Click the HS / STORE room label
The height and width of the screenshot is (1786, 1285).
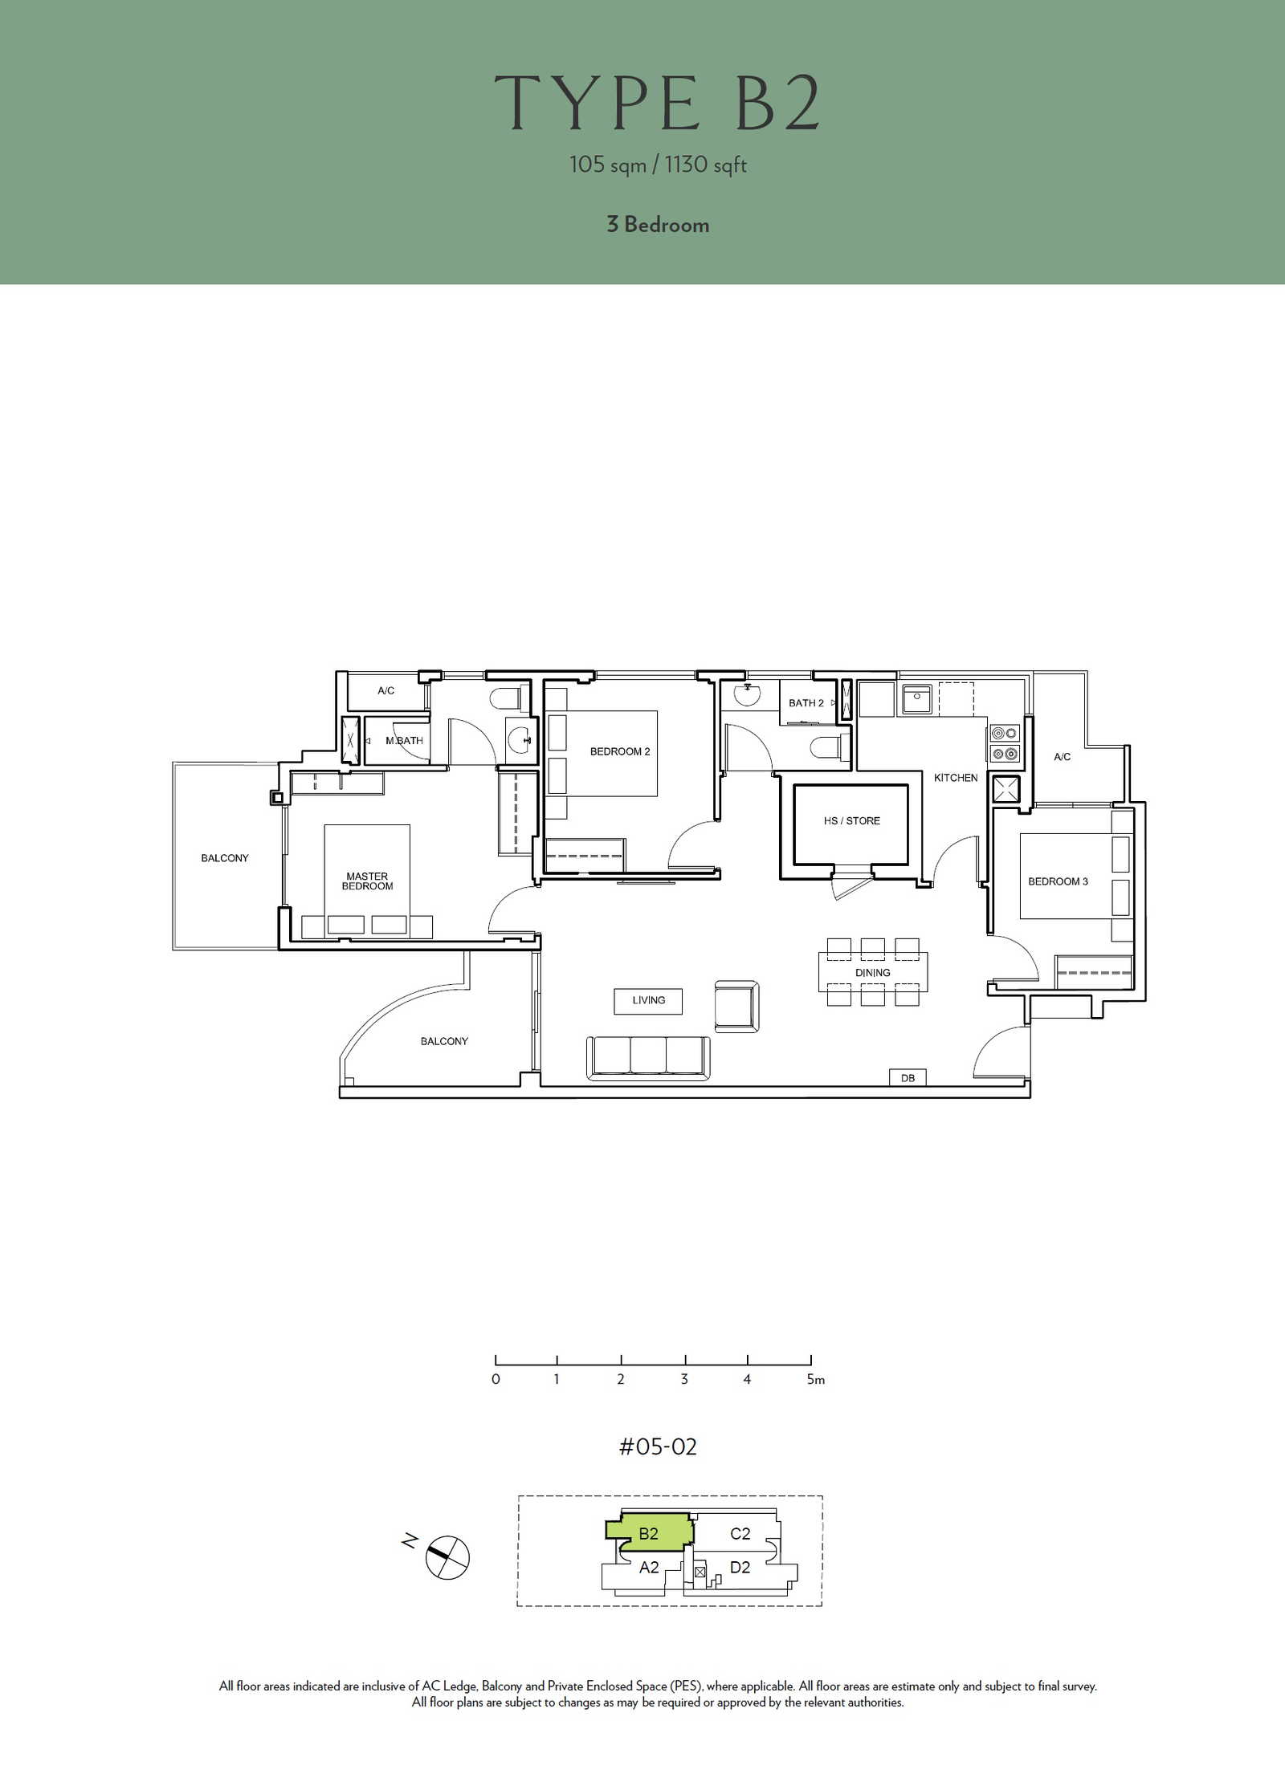[x=851, y=820]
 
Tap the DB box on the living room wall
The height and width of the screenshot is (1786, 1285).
[x=908, y=1077]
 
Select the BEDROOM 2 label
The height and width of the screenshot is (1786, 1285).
[x=620, y=751]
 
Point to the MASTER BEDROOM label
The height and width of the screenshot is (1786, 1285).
[x=367, y=881]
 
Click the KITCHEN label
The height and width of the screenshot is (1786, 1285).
[x=956, y=778]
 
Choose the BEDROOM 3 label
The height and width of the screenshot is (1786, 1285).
[x=1058, y=881]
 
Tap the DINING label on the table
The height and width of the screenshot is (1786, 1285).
[x=872, y=973]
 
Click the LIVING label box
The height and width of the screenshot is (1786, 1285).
[x=648, y=1001]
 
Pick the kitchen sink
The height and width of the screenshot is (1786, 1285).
[x=916, y=699]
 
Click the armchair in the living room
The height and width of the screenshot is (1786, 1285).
[x=736, y=1006]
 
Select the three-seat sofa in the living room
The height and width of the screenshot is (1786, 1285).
[x=649, y=1058]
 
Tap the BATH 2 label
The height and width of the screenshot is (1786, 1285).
[x=806, y=703]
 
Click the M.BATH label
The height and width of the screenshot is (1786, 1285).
[x=404, y=741]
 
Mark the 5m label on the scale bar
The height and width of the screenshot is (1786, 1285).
[x=816, y=1379]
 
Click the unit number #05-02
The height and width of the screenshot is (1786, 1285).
[x=658, y=1446]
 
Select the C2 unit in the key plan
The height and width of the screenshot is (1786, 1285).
[x=740, y=1534]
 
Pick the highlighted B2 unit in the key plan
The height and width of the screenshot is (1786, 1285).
[x=649, y=1532]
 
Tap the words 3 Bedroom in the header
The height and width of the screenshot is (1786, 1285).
[x=658, y=224]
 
